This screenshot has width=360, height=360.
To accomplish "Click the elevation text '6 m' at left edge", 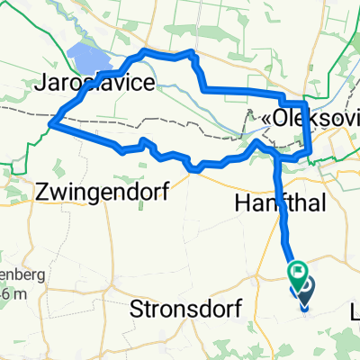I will point(8,271).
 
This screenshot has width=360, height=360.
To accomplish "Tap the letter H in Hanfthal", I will point(241,202).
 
